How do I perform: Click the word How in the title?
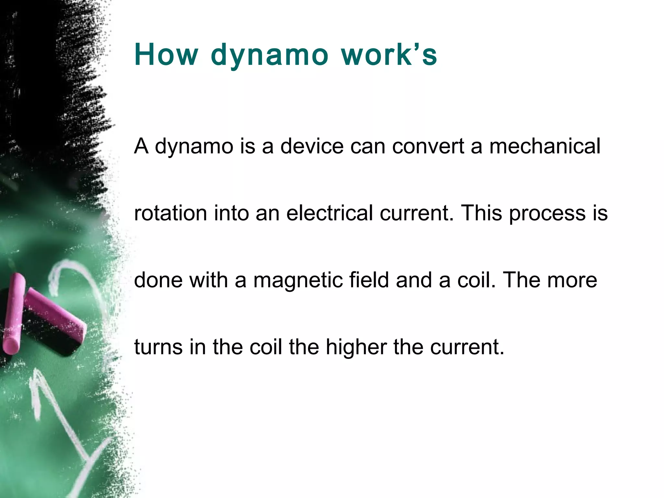pos(166,54)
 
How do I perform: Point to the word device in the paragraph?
pos(312,146)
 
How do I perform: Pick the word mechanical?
pos(545,146)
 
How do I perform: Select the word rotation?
pos(171,213)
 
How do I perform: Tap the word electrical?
pos(329,213)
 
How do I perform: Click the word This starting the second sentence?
pos(481,213)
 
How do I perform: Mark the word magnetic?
pos(298,281)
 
